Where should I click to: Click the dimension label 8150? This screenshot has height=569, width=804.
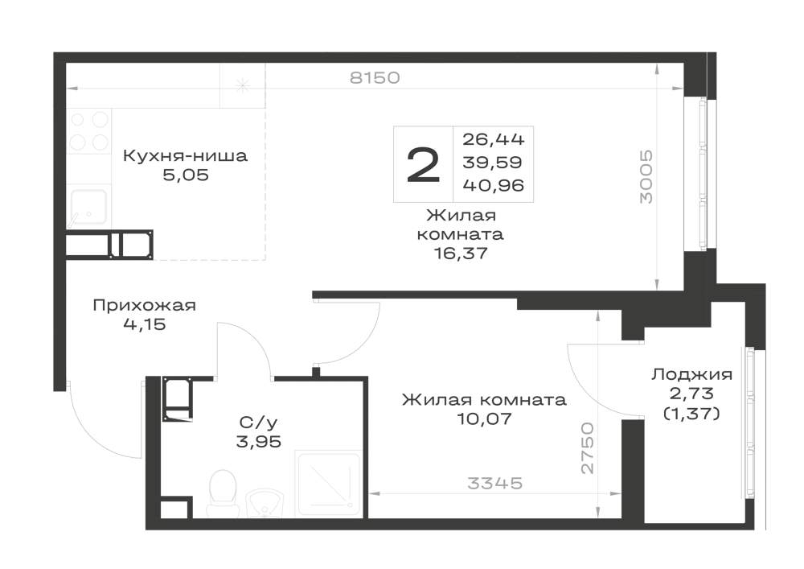(x=375, y=78)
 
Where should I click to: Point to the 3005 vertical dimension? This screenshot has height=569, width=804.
(x=646, y=176)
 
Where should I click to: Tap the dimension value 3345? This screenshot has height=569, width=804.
(x=494, y=483)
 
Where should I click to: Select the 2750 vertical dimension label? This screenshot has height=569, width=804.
(x=588, y=448)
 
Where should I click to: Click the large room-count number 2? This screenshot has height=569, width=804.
(x=423, y=164)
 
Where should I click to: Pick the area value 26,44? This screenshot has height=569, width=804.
(x=494, y=138)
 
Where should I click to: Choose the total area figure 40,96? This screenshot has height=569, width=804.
(x=494, y=185)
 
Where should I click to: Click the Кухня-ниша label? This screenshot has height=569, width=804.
(x=185, y=155)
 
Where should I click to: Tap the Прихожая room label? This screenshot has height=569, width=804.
(x=144, y=305)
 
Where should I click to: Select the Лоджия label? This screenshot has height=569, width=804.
(x=691, y=374)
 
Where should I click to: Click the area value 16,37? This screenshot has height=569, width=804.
(x=460, y=253)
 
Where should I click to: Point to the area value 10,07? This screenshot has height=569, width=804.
(x=484, y=419)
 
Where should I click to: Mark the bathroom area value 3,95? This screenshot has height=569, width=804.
(x=258, y=441)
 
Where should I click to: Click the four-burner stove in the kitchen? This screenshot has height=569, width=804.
(x=89, y=131)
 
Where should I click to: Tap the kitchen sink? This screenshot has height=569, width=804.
(x=88, y=207)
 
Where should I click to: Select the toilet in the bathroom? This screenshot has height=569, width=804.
(x=223, y=492)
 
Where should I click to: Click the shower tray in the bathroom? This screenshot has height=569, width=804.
(x=329, y=484)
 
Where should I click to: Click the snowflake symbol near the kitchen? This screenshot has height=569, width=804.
(x=242, y=85)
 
